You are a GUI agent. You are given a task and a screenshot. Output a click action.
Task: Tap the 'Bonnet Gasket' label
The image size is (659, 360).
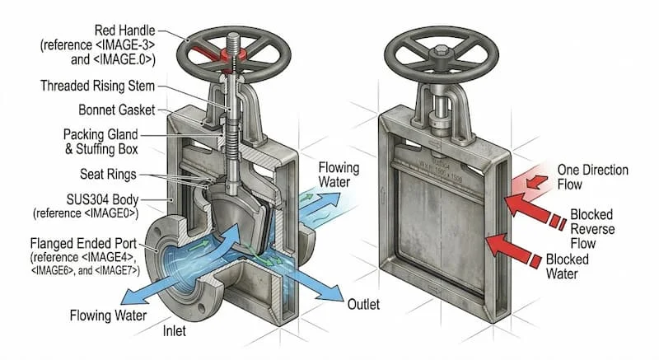tap(115, 109)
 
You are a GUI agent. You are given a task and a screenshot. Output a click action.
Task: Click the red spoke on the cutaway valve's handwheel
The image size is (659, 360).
tap(217, 51)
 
